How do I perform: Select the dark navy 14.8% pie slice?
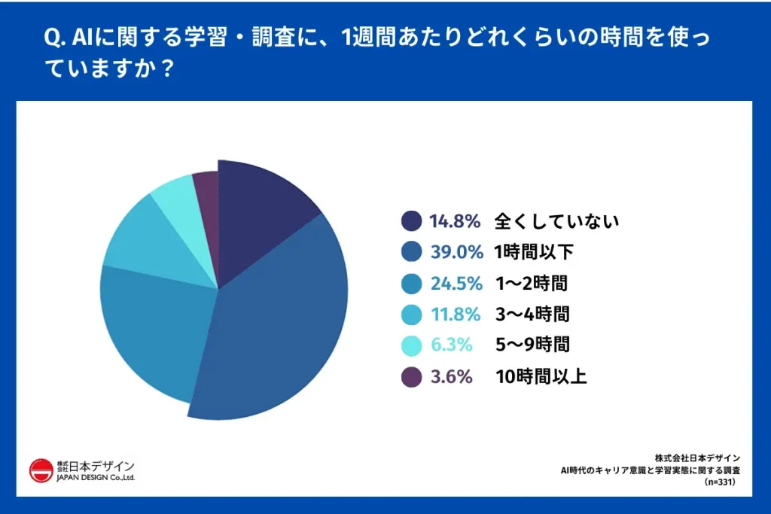click(260, 214)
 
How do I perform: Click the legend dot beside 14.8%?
click(411, 221)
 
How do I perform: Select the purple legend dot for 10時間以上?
click(411, 376)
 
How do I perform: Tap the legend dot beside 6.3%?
click(411, 345)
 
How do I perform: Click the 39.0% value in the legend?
click(456, 252)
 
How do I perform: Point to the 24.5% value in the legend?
click(456, 283)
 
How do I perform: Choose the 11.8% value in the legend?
click(456, 314)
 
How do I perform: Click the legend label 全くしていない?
click(556, 221)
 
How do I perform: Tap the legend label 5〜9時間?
click(532, 345)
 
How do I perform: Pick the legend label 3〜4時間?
click(532, 314)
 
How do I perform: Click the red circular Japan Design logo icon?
click(41, 472)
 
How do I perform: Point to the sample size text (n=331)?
click(720, 482)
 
